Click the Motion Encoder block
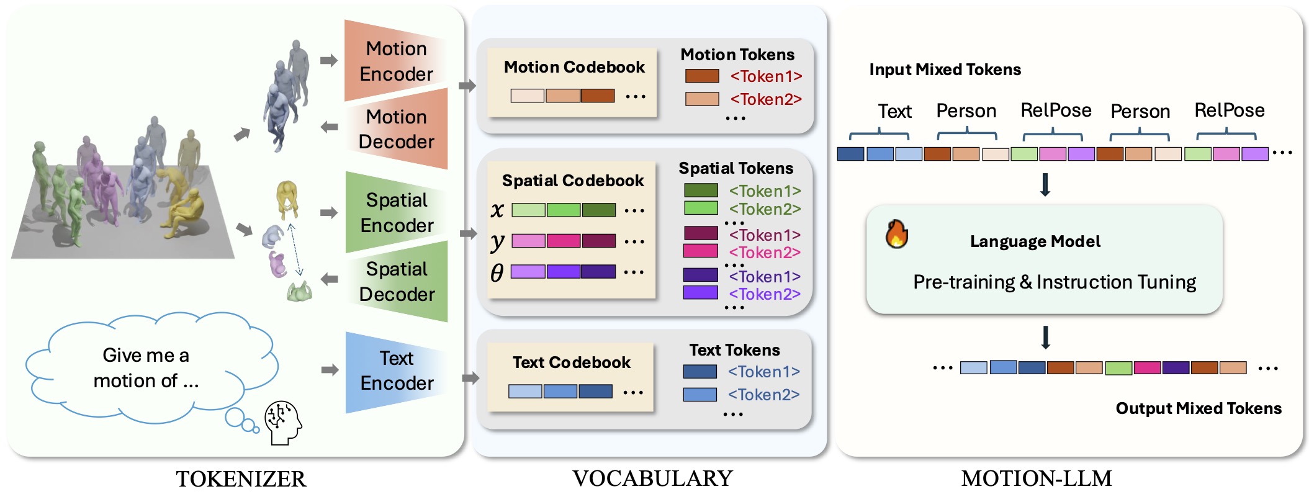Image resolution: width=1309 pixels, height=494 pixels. click(x=396, y=61)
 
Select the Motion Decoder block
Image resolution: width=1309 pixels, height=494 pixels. click(x=396, y=129)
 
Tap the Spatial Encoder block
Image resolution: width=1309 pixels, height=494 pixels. click(x=397, y=212)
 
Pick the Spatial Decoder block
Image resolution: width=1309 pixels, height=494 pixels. click(x=397, y=281)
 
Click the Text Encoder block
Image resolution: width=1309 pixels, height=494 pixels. click(x=397, y=370)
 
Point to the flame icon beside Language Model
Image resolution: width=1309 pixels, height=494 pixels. click(x=896, y=235)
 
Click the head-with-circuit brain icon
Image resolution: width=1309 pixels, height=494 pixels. click(x=283, y=422)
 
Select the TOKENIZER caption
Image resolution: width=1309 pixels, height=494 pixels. click(x=241, y=479)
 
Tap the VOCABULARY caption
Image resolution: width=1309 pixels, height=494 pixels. click(x=652, y=478)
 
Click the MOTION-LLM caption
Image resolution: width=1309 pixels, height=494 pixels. click(x=1037, y=478)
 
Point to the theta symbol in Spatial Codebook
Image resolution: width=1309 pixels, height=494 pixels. click(x=497, y=272)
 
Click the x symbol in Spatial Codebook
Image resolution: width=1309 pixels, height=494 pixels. click(x=497, y=210)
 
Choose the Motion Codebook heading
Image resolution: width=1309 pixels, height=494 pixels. click(x=574, y=67)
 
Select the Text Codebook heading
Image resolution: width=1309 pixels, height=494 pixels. click(x=571, y=362)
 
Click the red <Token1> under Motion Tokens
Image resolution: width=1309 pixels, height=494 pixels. click(x=766, y=76)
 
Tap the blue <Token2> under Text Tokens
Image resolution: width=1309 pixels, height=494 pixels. click(x=763, y=395)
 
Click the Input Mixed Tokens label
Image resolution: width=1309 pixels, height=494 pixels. click(x=945, y=70)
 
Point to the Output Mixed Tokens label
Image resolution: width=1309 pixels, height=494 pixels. click(x=1198, y=408)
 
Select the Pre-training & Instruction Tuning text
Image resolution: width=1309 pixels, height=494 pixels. click(x=1055, y=282)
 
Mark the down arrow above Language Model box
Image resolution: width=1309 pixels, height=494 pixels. click(x=1045, y=185)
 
